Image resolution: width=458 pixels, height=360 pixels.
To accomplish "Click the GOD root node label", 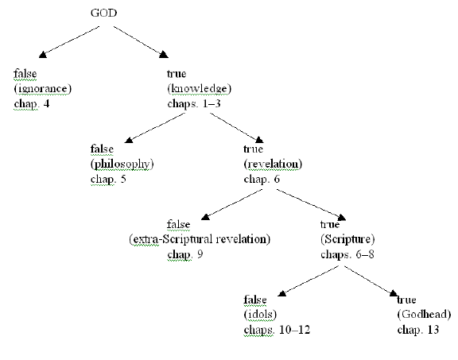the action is click(x=103, y=13).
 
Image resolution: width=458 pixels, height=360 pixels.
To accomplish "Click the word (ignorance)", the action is click(x=43, y=88).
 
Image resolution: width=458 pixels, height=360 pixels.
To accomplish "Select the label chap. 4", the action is click(x=32, y=103).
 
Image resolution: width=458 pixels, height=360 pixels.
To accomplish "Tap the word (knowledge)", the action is click(x=200, y=88).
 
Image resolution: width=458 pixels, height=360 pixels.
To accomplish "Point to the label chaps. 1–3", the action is click(x=194, y=103).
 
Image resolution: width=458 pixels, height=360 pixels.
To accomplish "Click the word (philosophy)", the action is click(x=122, y=164).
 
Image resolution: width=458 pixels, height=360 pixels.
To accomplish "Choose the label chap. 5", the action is click(x=108, y=179).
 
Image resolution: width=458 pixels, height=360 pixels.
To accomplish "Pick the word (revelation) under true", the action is click(x=273, y=164).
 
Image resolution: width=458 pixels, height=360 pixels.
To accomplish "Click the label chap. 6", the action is click(x=262, y=179).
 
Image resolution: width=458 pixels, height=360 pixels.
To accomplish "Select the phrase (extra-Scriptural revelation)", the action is click(x=200, y=239).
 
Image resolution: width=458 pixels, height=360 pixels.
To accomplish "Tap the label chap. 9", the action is click(x=185, y=254).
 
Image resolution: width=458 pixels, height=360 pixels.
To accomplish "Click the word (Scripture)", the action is click(x=347, y=239).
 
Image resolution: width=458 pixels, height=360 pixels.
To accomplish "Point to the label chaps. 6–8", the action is click(x=347, y=254).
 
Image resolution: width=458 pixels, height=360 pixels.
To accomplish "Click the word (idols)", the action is click(x=260, y=315).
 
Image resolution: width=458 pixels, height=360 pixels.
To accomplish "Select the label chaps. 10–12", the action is click(x=277, y=330).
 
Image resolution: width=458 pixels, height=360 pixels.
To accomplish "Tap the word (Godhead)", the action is click(x=424, y=315).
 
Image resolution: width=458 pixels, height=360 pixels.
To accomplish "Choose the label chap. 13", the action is click(x=418, y=330).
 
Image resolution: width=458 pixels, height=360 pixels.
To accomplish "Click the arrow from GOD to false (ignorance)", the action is click(x=69, y=42).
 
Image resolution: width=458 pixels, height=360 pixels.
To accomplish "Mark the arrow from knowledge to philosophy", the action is click(x=155, y=128).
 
